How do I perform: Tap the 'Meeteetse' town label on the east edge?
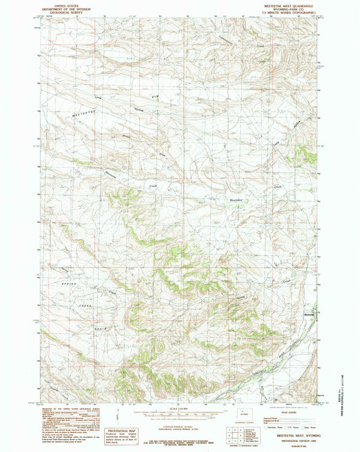point(309,312)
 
